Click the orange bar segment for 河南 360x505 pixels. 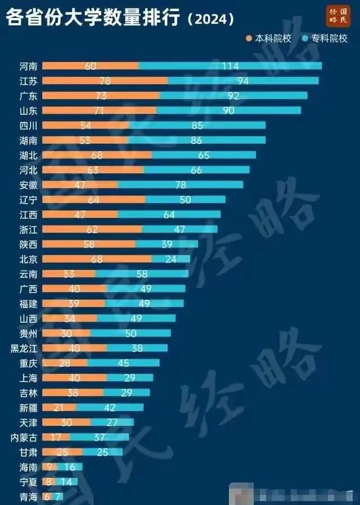90,66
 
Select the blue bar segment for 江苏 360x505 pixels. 243,80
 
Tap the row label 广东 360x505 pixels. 28,96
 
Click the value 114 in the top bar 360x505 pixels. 230,66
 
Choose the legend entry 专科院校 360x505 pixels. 325,39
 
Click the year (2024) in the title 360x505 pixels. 210,19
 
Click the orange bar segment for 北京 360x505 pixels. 97,259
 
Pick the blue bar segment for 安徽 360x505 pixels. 180,184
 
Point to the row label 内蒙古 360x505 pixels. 25,437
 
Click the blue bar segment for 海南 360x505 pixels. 70,467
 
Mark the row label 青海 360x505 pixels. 28,497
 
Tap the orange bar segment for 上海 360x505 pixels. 74,377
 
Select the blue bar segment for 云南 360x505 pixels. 142,274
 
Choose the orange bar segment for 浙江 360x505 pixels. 92,229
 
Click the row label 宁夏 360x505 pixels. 28,481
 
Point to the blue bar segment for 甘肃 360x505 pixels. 102,452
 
